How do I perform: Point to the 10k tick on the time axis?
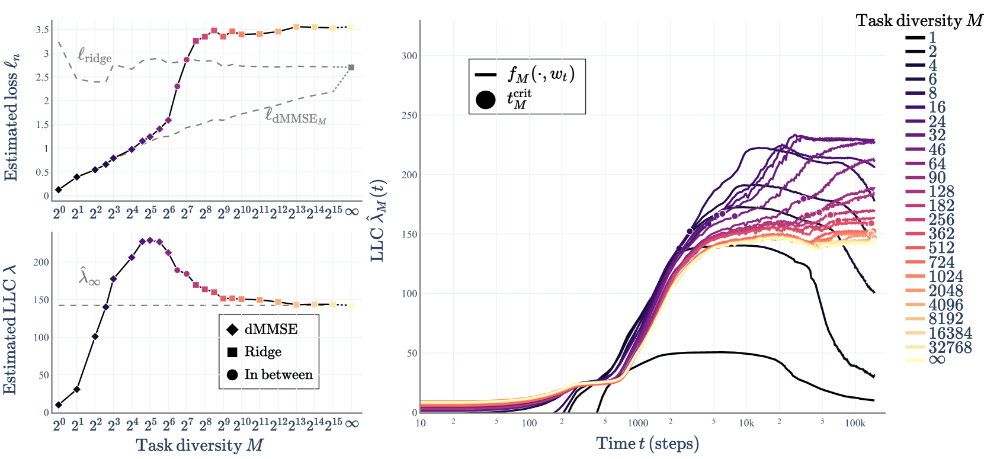tap(746, 423)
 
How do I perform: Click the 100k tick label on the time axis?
tap(855, 423)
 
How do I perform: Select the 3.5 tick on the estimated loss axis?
tap(42, 30)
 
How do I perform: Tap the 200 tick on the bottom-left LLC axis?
tap(41, 262)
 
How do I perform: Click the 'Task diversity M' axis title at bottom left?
tap(199, 445)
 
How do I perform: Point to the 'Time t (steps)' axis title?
tap(647, 444)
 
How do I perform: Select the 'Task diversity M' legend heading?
tap(919, 21)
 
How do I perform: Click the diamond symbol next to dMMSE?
tap(232, 329)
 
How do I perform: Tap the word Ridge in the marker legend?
tap(262, 352)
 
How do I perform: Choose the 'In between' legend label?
tap(278, 375)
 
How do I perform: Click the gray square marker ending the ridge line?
tap(351, 68)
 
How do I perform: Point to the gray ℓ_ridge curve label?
tap(95, 56)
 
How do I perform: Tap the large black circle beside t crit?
tap(486, 99)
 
